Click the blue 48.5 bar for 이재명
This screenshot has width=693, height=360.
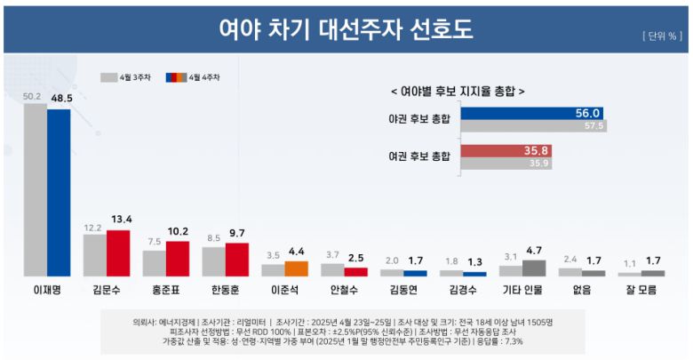tap(59, 192)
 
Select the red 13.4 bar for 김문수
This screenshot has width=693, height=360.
tap(118, 253)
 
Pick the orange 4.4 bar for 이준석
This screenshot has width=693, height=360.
tap(296, 268)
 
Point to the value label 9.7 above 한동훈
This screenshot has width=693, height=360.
tap(236, 234)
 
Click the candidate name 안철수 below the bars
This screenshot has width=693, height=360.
tap(344, 290)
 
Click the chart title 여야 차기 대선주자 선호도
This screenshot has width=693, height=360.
tap(346, 29)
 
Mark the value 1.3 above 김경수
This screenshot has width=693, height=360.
tap(474, 261)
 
